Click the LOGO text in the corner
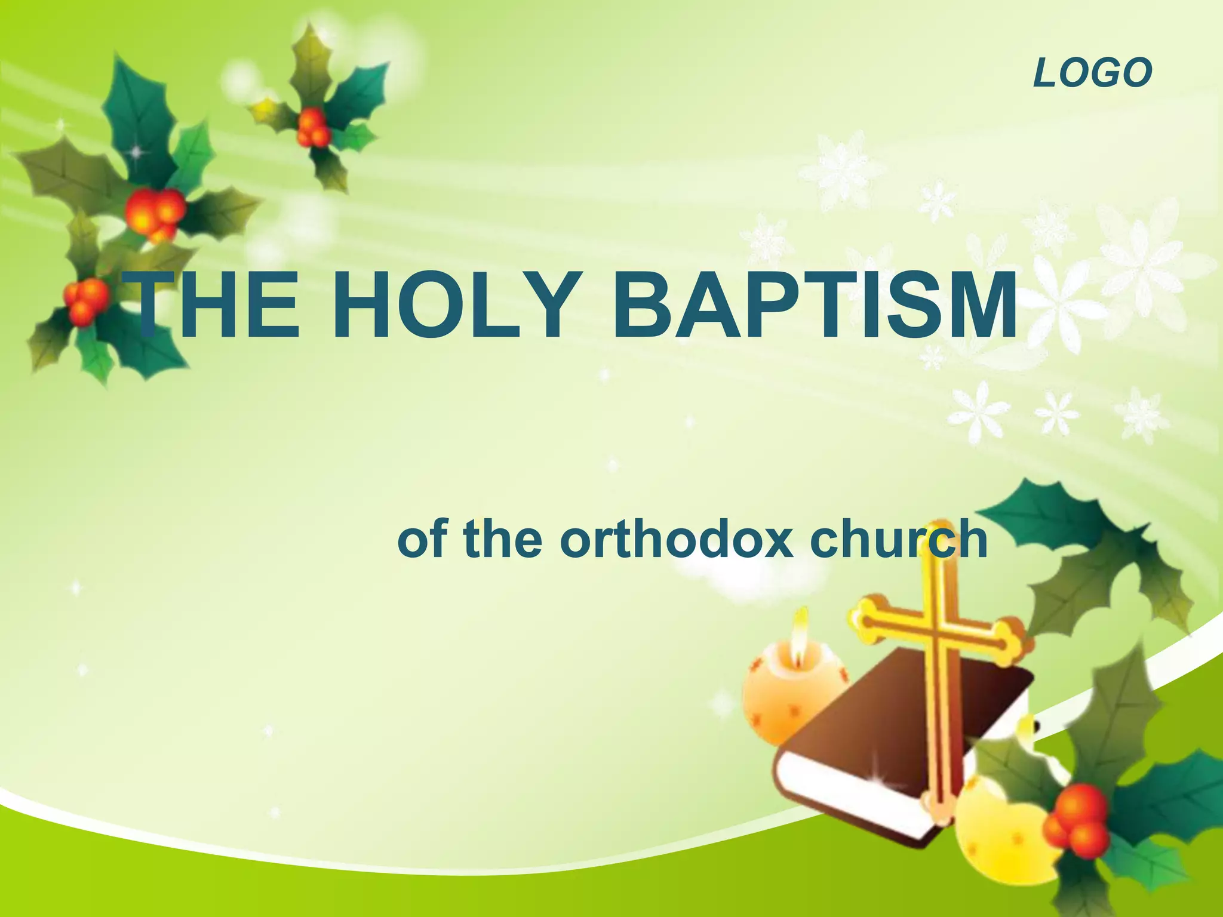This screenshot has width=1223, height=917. [x=1092, y=73]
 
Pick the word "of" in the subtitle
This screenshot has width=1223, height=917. [x=423, y=540]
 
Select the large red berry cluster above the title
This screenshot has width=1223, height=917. [x=154, y=212]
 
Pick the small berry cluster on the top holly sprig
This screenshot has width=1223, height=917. [x=312, y=127]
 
